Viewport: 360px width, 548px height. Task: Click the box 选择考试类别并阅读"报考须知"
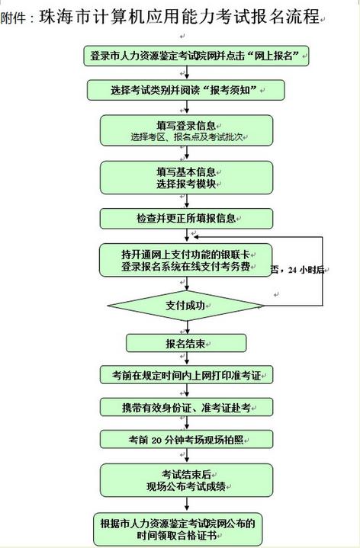[186, 90]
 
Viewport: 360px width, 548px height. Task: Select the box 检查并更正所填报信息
[186, 219]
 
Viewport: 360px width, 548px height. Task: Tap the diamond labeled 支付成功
[186, 306]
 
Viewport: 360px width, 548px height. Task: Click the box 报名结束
[186, 343]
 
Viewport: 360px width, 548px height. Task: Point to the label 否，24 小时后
[297, 270]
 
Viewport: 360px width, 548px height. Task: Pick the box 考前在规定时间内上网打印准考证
[186, 375]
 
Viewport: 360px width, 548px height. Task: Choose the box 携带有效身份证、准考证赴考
[186, 407]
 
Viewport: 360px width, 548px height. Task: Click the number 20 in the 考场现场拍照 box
[156, 440]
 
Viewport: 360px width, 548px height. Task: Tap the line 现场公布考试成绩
[186, 486]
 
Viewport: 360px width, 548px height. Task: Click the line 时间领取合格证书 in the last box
[177, 535]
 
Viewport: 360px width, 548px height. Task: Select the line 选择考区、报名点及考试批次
[187, 136]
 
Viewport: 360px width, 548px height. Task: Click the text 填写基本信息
[186, 171]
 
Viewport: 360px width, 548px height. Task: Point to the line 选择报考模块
[186, 184]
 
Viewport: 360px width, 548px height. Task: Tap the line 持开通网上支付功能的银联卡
[186, 255]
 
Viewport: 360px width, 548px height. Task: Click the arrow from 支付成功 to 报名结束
[187, 327]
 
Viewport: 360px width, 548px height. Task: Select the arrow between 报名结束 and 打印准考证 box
[187, 359]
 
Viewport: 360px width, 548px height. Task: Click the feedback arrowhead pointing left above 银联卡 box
[196, 237]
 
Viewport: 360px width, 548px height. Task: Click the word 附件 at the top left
[13, 18]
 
